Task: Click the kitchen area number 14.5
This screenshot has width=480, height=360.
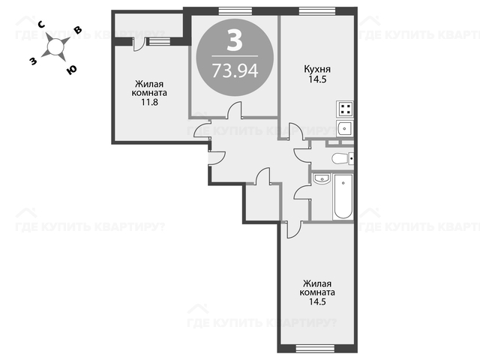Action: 317,79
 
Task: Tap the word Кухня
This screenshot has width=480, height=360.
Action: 317,69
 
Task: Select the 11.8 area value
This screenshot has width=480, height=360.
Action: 149,102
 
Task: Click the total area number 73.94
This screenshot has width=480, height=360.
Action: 235,70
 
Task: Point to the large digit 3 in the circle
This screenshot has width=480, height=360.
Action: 235,40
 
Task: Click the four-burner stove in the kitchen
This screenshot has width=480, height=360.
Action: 345,109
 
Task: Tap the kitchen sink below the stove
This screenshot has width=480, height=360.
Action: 345,128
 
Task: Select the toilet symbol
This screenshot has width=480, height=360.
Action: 343,158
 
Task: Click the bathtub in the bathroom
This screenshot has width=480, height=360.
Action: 343,196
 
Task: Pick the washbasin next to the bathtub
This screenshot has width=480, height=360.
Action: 321,178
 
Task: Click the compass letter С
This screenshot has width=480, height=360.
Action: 42,25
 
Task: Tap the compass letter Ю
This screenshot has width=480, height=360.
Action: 71,70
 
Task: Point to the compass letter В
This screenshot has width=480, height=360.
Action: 78,30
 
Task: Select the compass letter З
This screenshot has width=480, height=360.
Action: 33,61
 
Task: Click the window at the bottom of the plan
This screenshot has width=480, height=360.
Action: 315,348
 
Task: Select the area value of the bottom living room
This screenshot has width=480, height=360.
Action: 317,301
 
